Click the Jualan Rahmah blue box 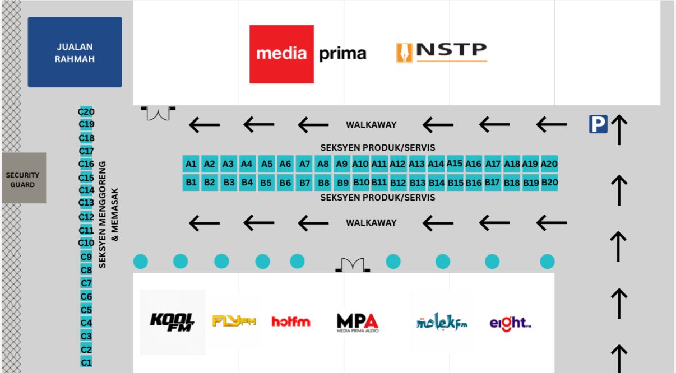(x=75, y=52)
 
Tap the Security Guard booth (x=24, y=178)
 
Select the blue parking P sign (x=598, y=124)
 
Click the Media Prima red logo (x=281, y=54)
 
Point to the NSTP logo (x=442, y=52)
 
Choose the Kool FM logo (x=172, y=322)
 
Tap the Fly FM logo (x=234, y=321)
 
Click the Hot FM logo (x=290, y=321)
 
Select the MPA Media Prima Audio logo (x=357, y=322)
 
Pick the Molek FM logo (x=442, y=322)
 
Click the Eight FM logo (x=510, y=323)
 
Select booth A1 (x=191, y=164)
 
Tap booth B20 (x=549, y=183)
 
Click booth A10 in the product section (x=360, y=164)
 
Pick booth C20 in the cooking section (x=86, y=111)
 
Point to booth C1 (x=86, y=362)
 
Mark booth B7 (x=304, y=183)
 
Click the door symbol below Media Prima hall (x=158, y=113)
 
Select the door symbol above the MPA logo (x=353, y=265)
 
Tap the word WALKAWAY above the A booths (x=371, y=124)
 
